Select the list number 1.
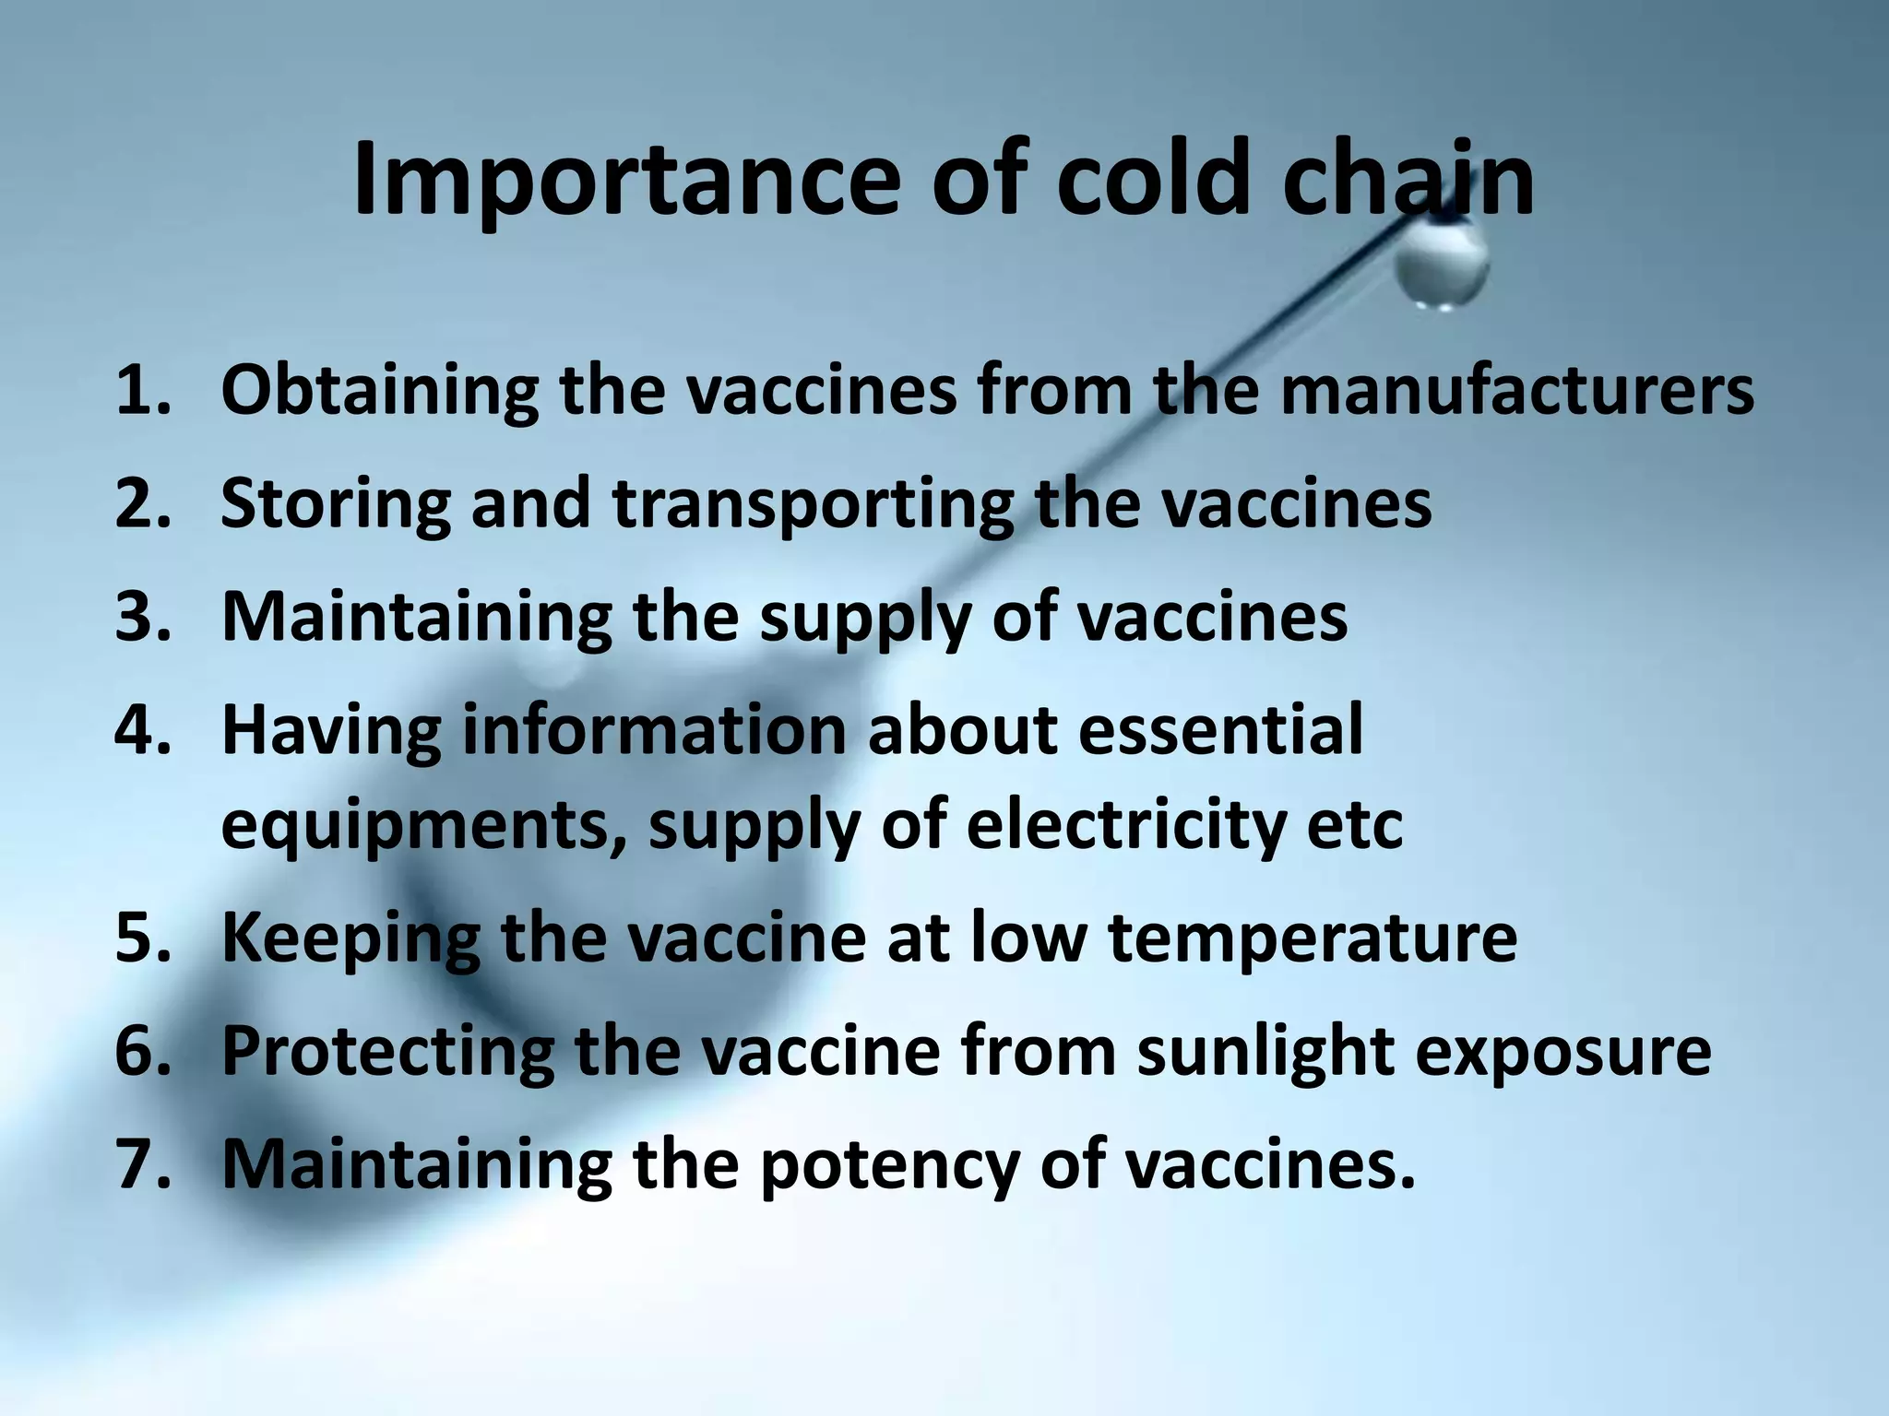(143, 391)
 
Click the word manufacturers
(1516, 391)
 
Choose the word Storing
(336, 505)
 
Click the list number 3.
(143, 618)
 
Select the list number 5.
(143, 938)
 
